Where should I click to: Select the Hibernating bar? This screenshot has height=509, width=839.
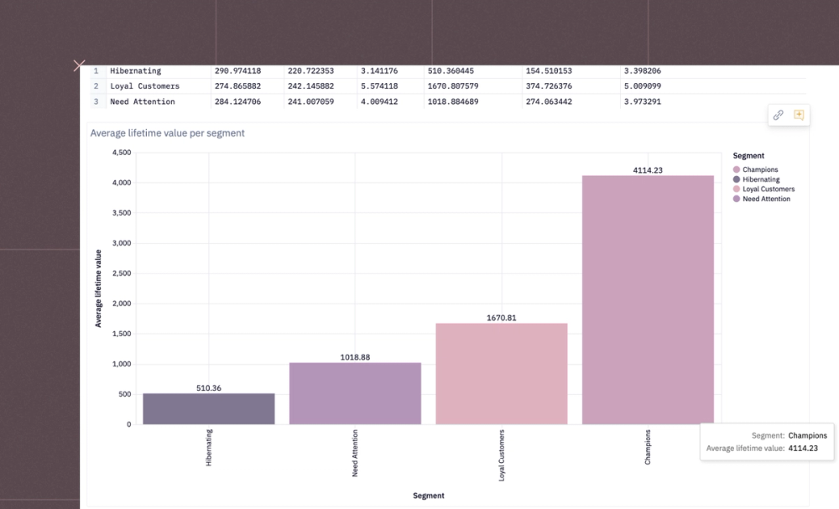(209, 408)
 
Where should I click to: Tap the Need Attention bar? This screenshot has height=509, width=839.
(355, 393)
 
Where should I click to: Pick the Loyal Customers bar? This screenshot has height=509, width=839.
(502, 373)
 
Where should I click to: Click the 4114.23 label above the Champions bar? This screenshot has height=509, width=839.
(648, 170)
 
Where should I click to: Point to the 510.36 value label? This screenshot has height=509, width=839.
(209, 388)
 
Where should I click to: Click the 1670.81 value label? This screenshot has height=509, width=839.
(502, 318)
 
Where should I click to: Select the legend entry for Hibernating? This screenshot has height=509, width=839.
(761, 179)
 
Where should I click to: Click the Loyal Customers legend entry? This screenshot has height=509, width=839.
(768, 190)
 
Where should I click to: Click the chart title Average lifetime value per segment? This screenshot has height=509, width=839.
(168, 133)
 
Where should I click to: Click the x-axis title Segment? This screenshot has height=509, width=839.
(429, 496)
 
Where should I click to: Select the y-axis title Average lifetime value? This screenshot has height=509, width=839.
(98, 288)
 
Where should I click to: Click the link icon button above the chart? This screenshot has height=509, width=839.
(778, 116)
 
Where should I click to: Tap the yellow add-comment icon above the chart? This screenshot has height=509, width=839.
(799, 116)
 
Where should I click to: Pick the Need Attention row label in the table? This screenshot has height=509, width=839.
(143, 101)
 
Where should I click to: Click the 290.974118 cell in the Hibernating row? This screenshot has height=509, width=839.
(237, 71)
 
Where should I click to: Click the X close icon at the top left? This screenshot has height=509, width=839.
(79, 65)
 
